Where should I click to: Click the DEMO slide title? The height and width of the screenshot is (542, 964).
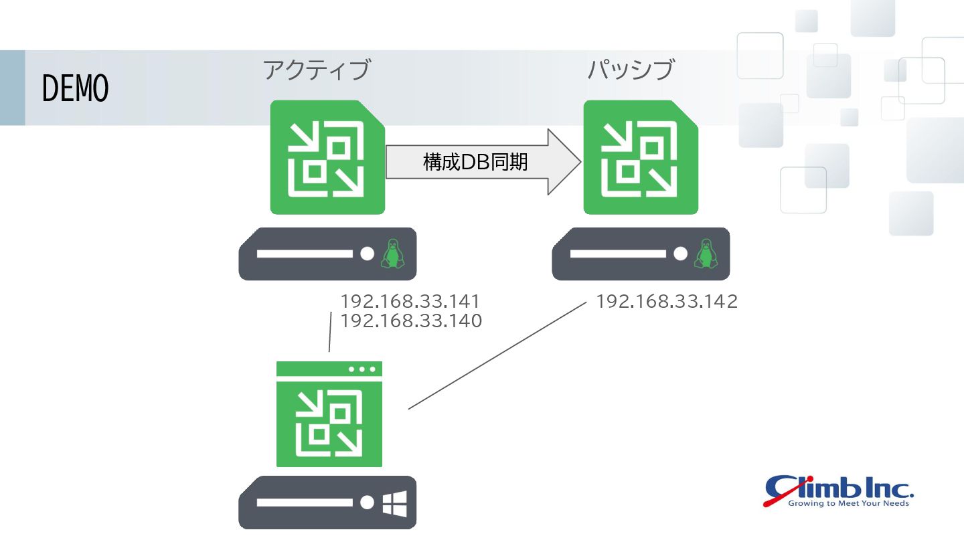(x=75, y=88)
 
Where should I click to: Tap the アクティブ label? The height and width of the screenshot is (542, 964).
(x=316, y=70)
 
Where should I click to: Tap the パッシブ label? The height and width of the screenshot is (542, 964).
(x=631, y=70)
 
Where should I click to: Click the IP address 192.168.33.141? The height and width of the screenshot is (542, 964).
(x=410, y=301)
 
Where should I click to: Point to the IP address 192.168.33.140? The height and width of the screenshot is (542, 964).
(x=410, y=321)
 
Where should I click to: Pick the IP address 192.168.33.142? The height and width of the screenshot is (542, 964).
(x=667, y=301)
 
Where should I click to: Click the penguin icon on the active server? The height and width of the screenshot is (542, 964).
(x=392, y=254)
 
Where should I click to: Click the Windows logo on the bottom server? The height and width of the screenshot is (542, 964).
(x=394, y=503)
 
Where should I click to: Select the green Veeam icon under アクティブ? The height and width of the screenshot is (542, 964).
(x=327, y=157)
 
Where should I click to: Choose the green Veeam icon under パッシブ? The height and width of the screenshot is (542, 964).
(x=641, y=157)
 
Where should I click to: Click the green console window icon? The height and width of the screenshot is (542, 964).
(x=329, y=415)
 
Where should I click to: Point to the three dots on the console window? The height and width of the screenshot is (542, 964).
(x=362, y=369)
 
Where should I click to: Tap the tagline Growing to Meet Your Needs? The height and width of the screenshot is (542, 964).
(x=848, y=503)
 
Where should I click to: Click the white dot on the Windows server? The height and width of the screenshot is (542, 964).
(x=367, y=503)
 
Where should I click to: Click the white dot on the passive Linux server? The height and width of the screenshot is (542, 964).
(x=681, y=254)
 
